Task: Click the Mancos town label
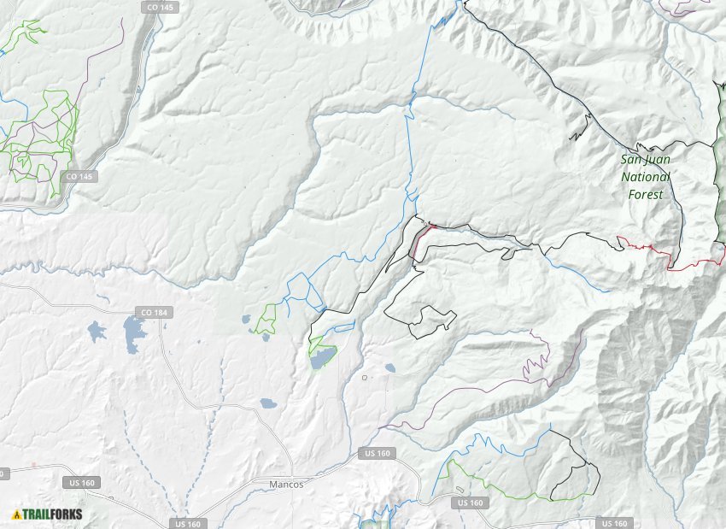pos(285,484)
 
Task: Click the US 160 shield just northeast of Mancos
pos(377,453)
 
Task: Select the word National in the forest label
pos(646,177)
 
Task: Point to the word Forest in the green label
pos(646,194)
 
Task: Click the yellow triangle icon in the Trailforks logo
pos(16,514)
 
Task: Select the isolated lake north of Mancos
pos(267,403)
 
